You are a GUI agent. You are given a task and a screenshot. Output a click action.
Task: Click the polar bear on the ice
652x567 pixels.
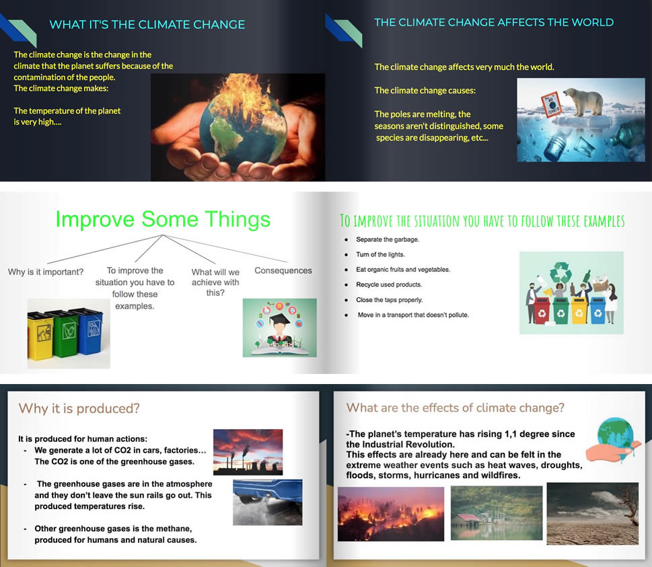(x=583, y=101)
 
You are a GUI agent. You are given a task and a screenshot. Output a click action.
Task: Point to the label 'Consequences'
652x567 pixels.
(x=283, y=270)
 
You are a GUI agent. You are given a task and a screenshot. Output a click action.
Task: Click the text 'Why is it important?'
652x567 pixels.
(x=46, y=272)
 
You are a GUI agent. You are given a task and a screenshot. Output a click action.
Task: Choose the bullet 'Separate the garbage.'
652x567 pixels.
(x=388, y=239)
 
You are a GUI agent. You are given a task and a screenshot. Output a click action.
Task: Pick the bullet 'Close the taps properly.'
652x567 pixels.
(x=389, y=300)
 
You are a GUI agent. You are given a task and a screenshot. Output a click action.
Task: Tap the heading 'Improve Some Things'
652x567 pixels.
(x=163, y=219)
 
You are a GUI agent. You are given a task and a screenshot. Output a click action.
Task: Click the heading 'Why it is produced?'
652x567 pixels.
(x=79, y=408)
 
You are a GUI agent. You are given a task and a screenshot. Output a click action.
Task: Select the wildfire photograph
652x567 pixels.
(x=391, y=514)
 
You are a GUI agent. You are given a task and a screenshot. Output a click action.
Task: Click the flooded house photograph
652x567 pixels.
(x=497, y=513)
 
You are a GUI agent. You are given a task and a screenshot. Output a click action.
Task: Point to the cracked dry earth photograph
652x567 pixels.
(x=593, y=513)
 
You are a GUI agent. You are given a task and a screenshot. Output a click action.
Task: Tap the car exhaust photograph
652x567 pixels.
(x=267, y=502)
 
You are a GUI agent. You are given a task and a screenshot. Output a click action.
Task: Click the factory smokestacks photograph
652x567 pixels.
(x=248, y=452)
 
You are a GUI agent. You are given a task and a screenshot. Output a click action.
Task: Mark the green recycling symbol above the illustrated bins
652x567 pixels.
(x=561, y=272)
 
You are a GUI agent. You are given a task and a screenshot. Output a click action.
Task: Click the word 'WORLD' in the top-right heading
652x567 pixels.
(x=593, y=22)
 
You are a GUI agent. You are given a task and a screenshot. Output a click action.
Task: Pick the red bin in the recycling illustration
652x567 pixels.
(x=542, y=310)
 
